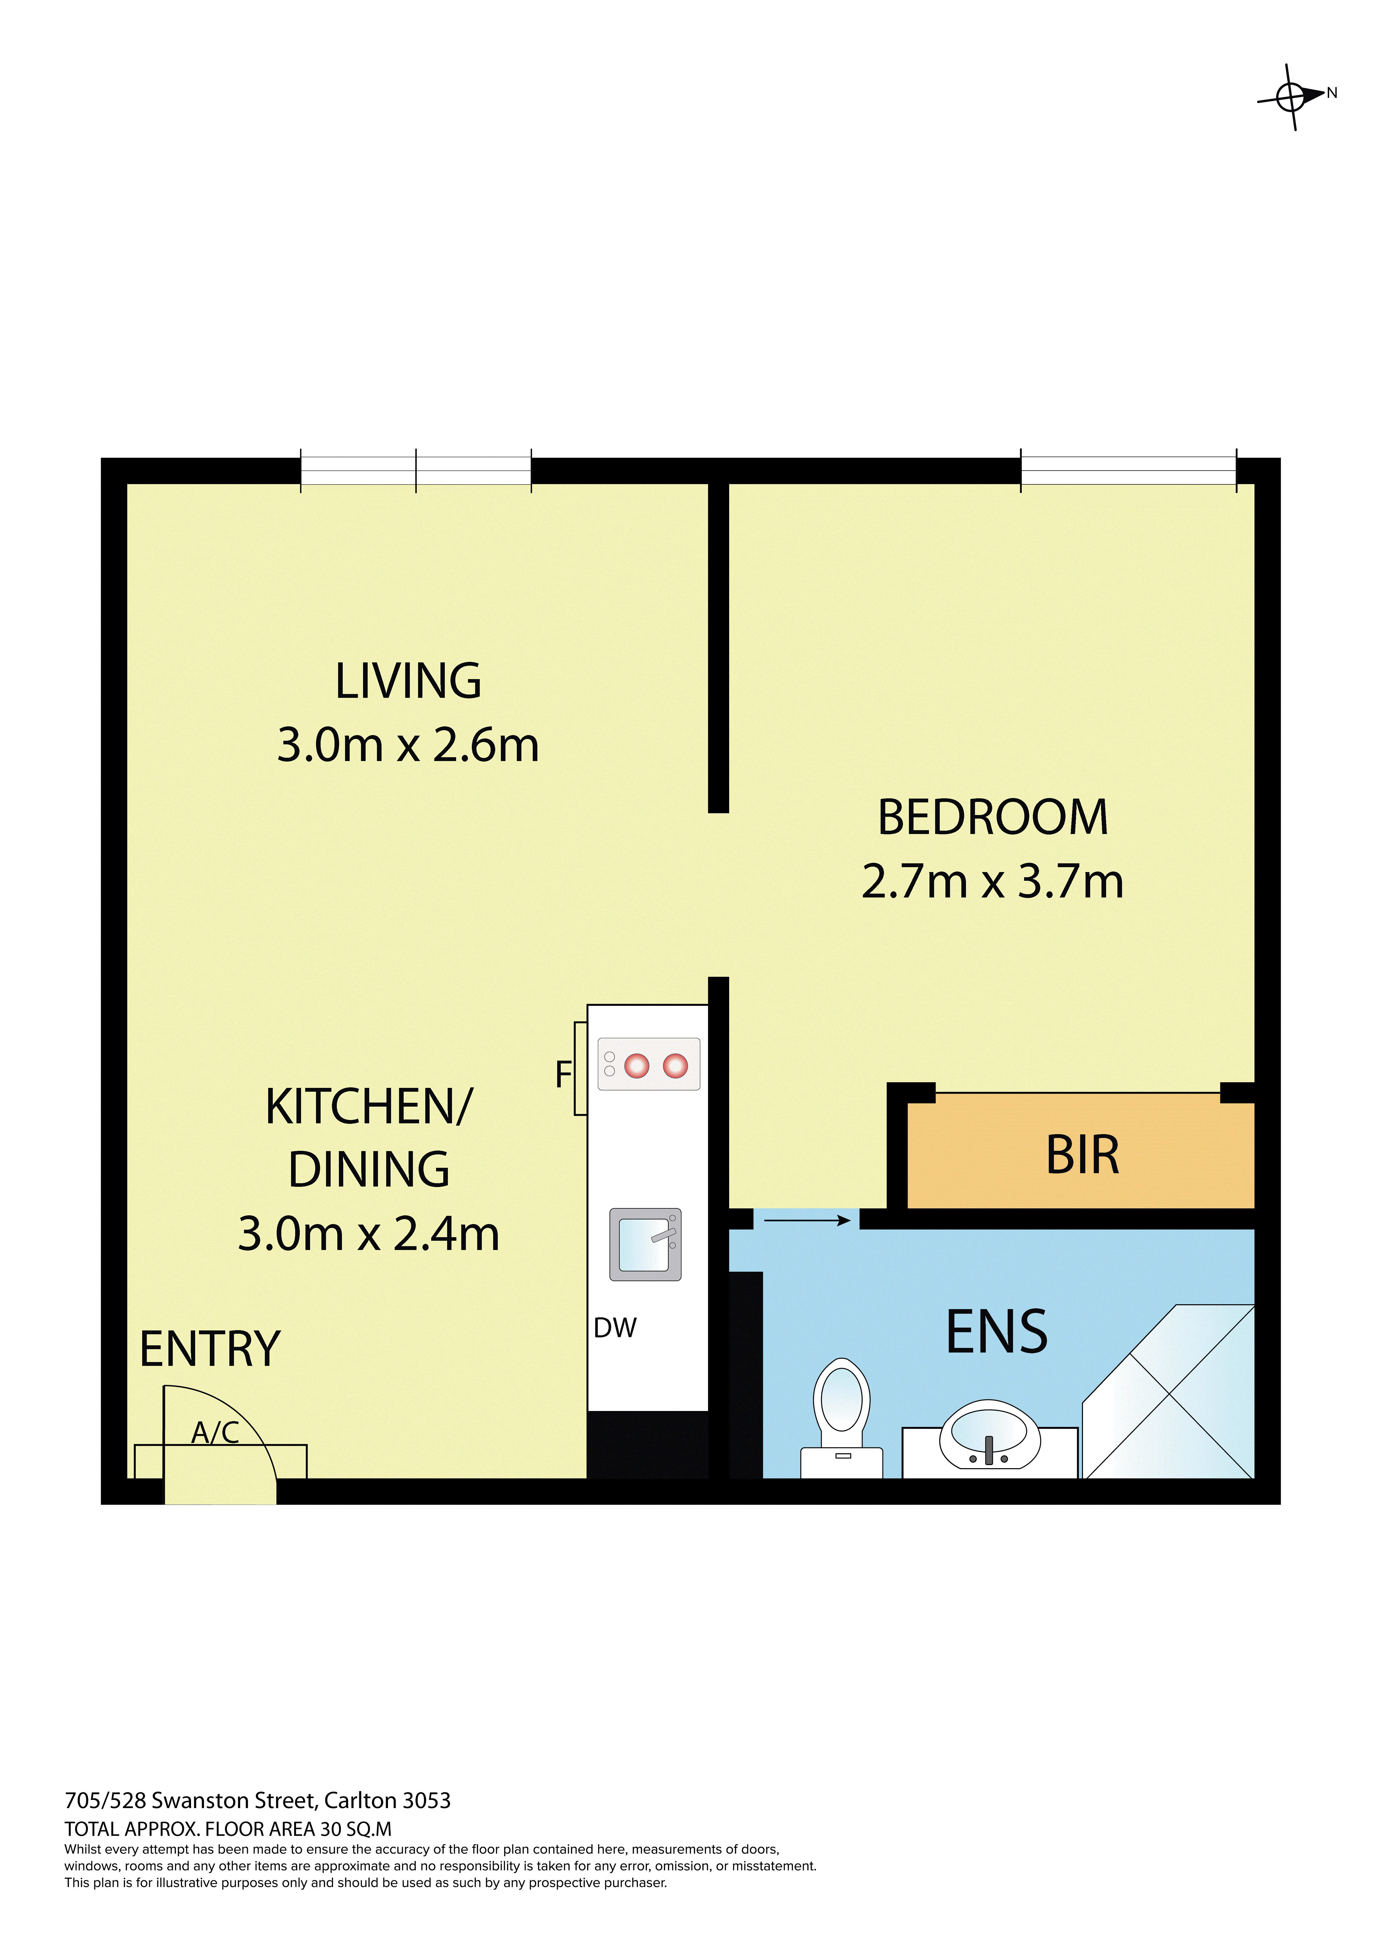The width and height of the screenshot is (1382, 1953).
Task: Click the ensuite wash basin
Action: [990, 1436]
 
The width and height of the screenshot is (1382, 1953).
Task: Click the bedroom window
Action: [1128, 470]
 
